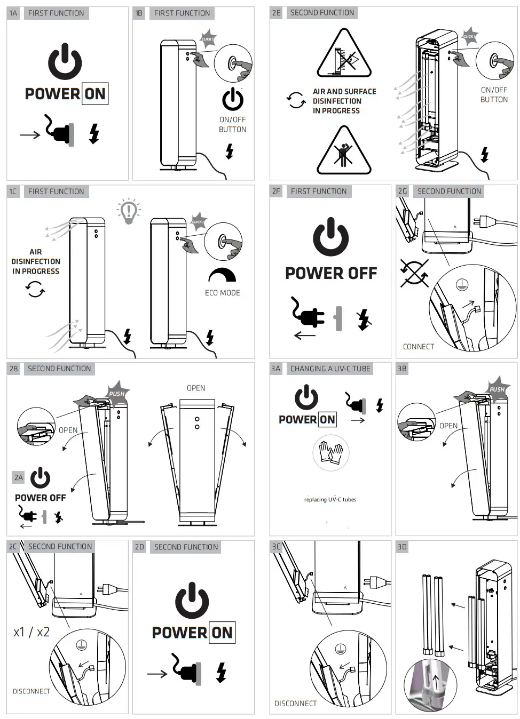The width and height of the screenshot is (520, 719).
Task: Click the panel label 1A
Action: coord(13,13)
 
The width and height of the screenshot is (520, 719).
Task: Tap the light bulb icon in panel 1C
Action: coord(129,210)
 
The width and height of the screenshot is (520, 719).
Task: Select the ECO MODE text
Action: coord(222,293)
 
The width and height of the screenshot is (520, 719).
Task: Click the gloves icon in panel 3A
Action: coord(330,453)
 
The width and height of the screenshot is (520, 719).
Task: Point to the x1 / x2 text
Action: coord(31,632)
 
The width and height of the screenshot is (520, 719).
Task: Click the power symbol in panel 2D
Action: coord(192,601)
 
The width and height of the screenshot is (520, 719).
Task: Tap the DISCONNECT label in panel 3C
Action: coord(295,704)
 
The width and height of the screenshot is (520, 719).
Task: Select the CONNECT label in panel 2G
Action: coord(418,347)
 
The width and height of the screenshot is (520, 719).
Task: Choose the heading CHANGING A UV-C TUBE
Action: coord(330,369)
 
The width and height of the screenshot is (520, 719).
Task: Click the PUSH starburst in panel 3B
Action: coord(497,389)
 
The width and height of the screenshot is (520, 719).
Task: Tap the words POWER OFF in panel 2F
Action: coord(331,274)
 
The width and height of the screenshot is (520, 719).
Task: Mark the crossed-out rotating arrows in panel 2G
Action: coord(414,274)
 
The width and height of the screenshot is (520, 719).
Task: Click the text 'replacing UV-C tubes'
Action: coord(330,500)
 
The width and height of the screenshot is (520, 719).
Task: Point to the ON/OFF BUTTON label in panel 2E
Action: coord(494,95)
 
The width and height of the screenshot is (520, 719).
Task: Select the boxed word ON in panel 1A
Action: coord(95,94)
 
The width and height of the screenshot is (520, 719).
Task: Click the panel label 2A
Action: coord(19,477)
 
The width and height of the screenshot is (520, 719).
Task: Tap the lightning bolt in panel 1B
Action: coord(230,151)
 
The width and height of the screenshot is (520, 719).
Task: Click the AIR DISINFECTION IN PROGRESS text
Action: coord(36,261)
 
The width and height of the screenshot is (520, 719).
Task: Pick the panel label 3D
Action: coord(402,547)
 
